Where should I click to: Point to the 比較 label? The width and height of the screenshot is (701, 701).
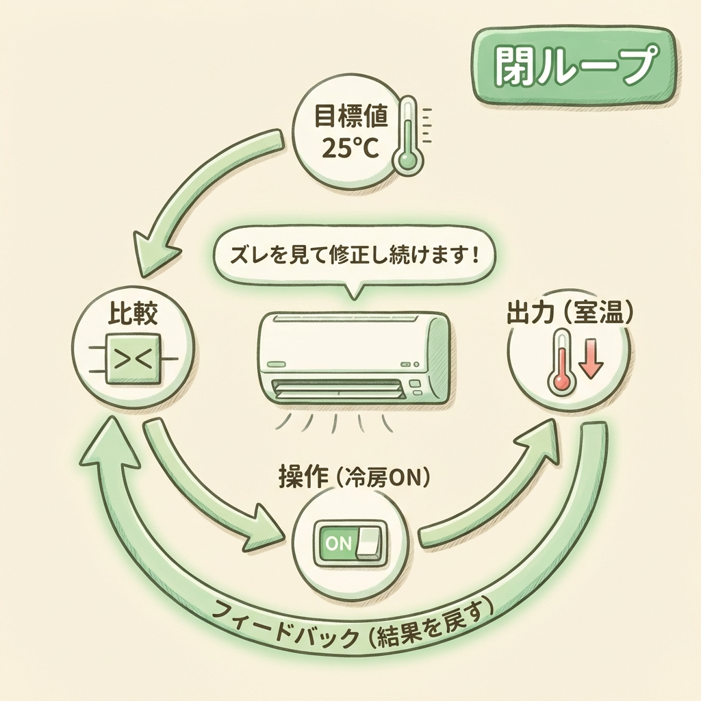click(x=133, y=315)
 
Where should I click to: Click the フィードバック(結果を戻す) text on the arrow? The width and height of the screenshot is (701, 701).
click(x=356, y=628)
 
